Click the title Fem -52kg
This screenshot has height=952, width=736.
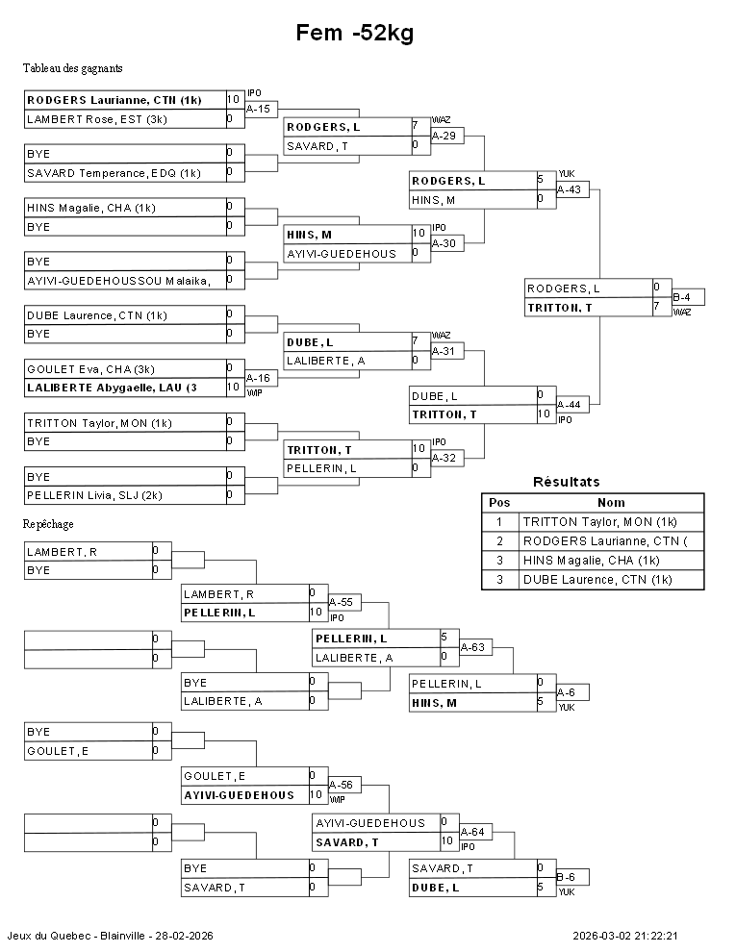coord(355,34)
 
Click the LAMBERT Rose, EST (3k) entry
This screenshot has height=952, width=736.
coord(97,119)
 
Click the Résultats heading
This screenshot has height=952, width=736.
coord(566,482)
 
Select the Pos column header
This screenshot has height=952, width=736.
coord(499,502)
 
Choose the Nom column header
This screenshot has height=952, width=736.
coord(611,502)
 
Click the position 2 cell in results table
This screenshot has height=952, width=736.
coord(499,540)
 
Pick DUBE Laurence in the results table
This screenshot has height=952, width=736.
coord(597,579)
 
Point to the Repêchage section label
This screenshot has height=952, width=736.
coord(48,524)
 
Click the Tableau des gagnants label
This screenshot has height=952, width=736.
coord(72,68)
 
